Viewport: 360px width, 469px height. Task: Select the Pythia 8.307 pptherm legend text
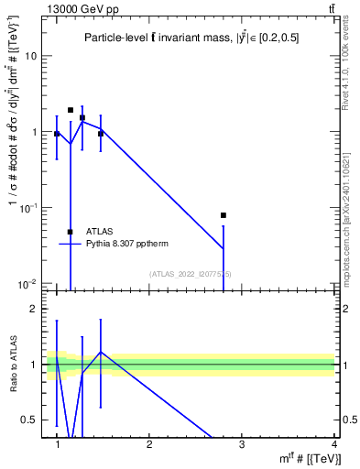(x=123, y=244)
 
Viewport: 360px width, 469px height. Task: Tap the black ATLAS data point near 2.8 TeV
(x=224, y=215)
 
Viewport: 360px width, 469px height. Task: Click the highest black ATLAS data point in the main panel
(x=71, y=110)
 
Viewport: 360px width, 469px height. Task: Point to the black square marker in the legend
(x=70, y=232)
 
